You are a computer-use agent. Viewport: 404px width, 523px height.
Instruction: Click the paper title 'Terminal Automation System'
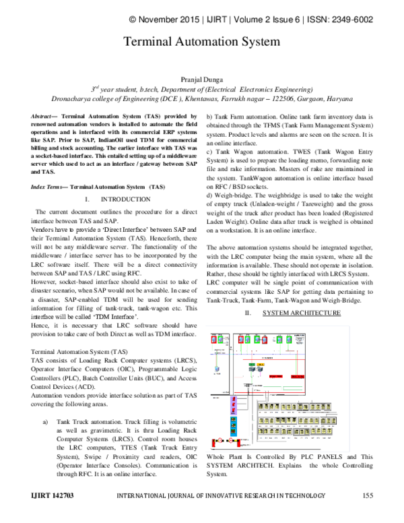[201, 41]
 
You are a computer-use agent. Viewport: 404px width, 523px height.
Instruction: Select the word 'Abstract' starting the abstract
[43, 117]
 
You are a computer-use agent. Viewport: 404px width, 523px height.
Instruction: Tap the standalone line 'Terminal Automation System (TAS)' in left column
[79, 352]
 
